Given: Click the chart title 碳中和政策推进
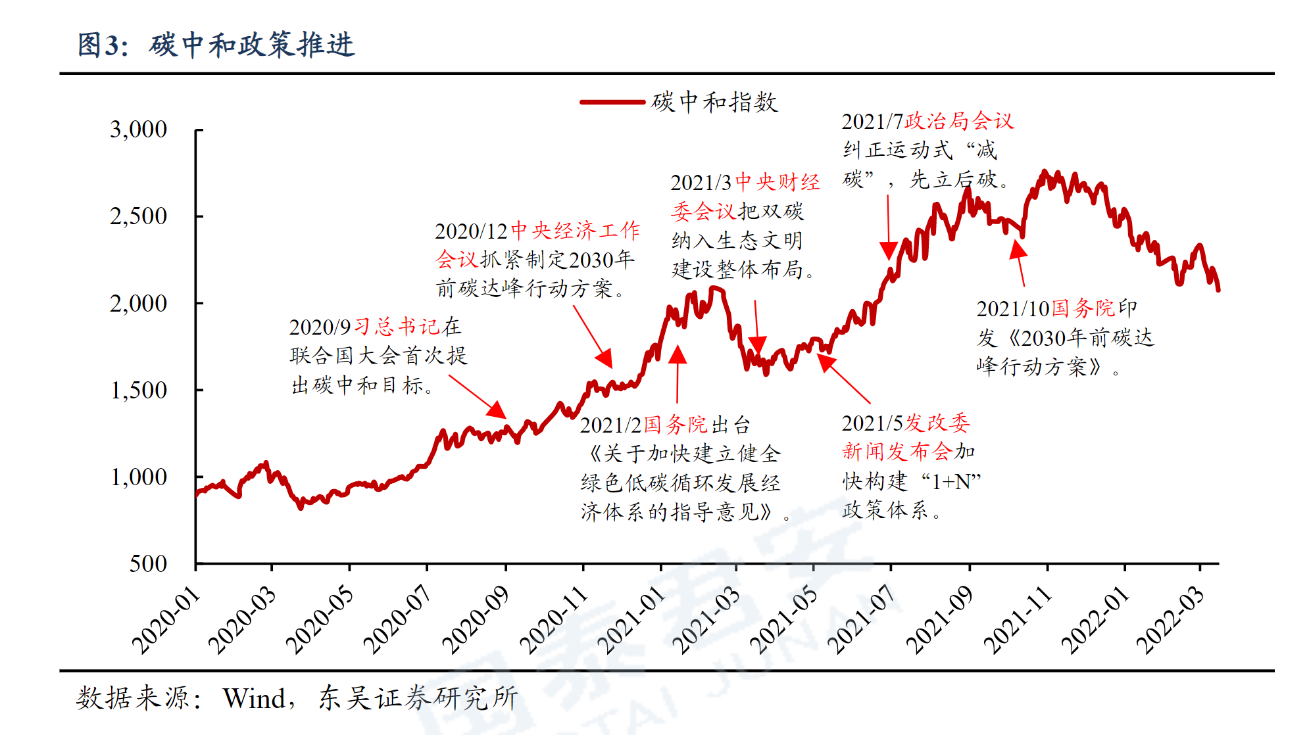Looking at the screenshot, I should tap(251, 45).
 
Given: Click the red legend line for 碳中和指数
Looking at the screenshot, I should tap(612, 102).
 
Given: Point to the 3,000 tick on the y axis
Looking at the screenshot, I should tap(138, 130).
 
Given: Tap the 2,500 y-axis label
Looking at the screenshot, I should tap(138, 216).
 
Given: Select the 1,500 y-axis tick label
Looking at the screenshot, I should tap(138, 391).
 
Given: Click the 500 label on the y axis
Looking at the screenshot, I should tap(148, 564).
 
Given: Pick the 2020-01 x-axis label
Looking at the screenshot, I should tap(166, 621).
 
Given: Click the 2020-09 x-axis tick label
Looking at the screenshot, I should tap(476, 621).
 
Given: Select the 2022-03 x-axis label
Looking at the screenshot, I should tap(1171, 621).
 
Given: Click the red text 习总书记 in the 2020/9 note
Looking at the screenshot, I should tap(397, 327).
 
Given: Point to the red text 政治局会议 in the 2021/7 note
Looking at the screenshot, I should tap(959, 122).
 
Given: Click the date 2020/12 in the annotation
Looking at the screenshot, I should tap(471, 231).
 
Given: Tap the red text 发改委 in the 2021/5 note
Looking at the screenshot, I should tap(937, 423).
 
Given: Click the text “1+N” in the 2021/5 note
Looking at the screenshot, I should tap(951, 482).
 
